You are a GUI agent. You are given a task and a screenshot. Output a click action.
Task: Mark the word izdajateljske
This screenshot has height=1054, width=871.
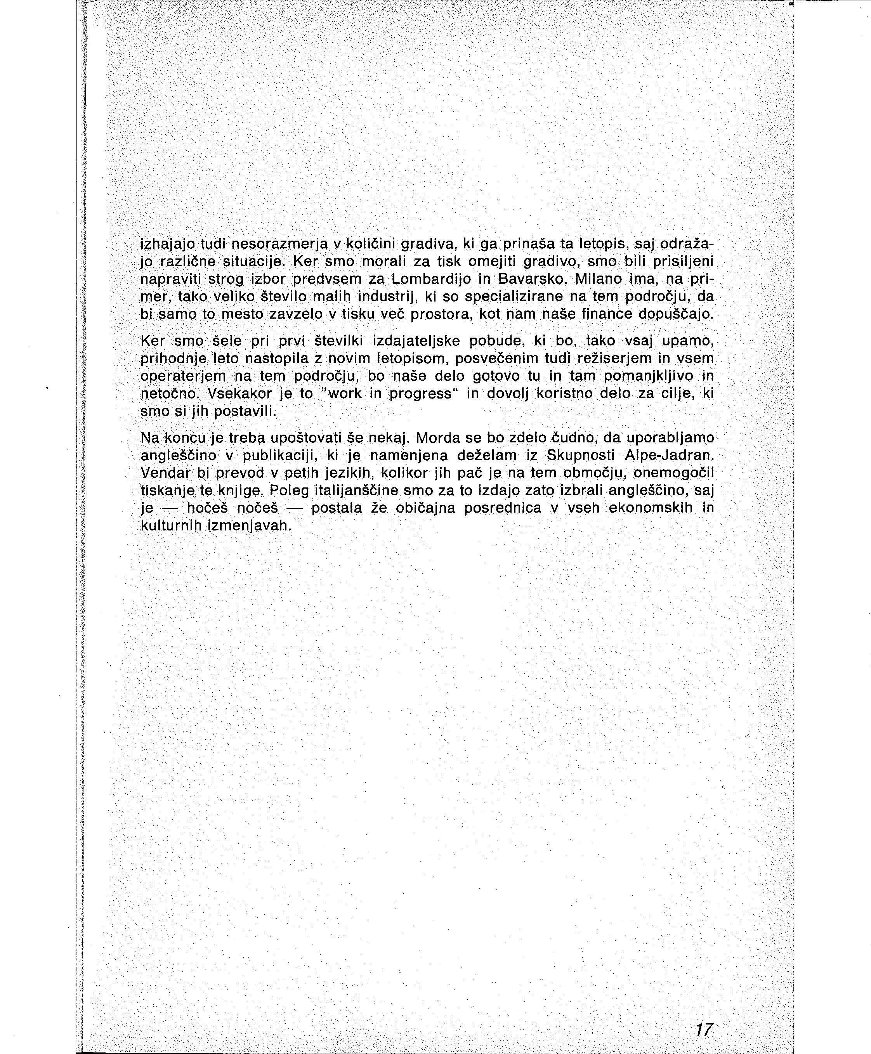coord(416,341)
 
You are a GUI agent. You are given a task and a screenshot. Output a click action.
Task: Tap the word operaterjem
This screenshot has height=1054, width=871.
coord(183,376)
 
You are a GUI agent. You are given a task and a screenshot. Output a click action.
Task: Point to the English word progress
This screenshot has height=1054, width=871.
coord(420,394)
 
